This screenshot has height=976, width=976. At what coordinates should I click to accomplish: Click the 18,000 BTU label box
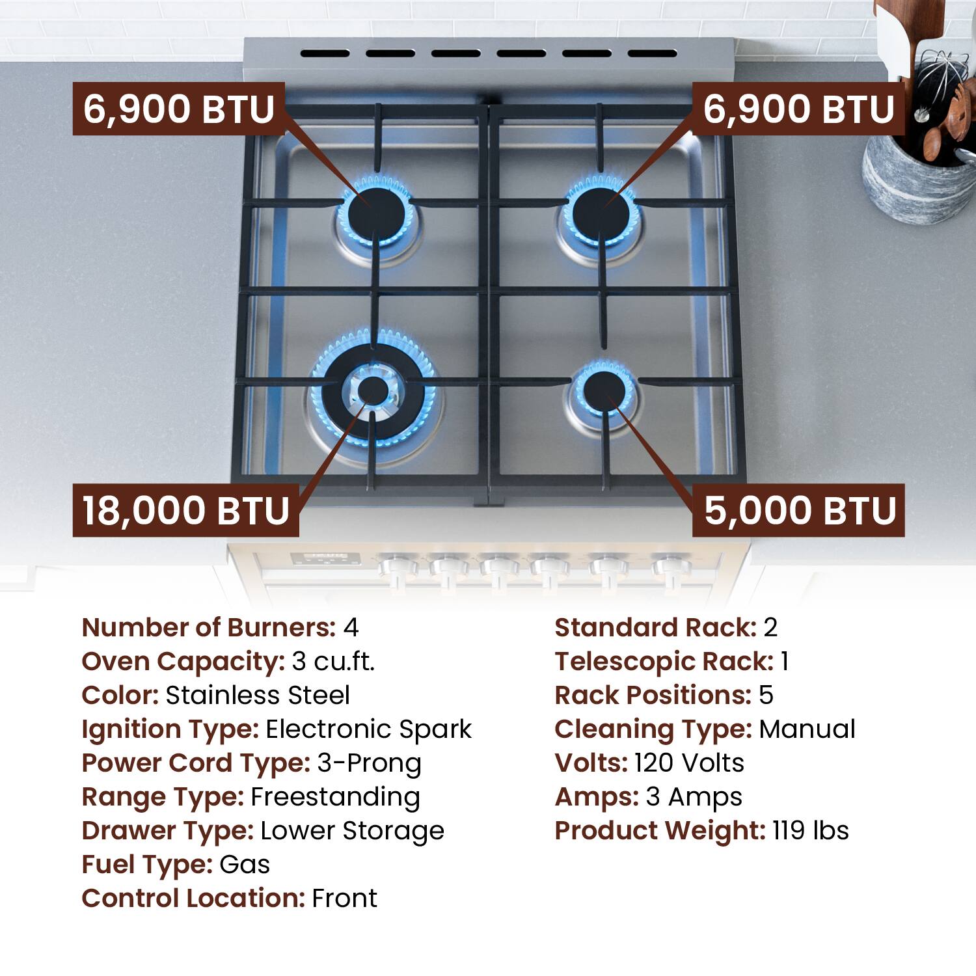click(185, 510)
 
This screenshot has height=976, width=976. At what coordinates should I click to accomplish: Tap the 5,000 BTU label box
click(798, 510)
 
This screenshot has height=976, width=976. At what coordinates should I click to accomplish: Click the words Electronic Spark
click(368, 729)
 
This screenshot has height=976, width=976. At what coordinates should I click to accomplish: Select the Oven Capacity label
click(183, 662)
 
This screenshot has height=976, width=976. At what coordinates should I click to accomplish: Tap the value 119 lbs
click(810, 831)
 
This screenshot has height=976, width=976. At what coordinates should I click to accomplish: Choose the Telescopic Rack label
click(664, 662)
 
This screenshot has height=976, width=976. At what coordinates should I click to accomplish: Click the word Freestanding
click(335, 797)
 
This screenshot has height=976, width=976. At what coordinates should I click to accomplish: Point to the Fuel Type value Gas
click(245, 865)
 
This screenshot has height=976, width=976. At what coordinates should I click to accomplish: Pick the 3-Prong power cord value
click(369, 763)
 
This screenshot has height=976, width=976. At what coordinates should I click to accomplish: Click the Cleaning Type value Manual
click(807, 729)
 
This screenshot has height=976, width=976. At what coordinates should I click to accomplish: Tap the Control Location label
click(193, 899)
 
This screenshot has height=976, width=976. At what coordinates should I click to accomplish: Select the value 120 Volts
click(689, 763)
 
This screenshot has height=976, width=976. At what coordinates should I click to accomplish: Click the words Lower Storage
click(352, 831)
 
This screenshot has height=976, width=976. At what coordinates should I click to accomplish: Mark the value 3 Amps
click(694, 797)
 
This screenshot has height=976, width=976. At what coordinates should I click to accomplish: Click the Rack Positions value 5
click(766, 696)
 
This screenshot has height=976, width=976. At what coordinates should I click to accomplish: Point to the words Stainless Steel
click(258, 696)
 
